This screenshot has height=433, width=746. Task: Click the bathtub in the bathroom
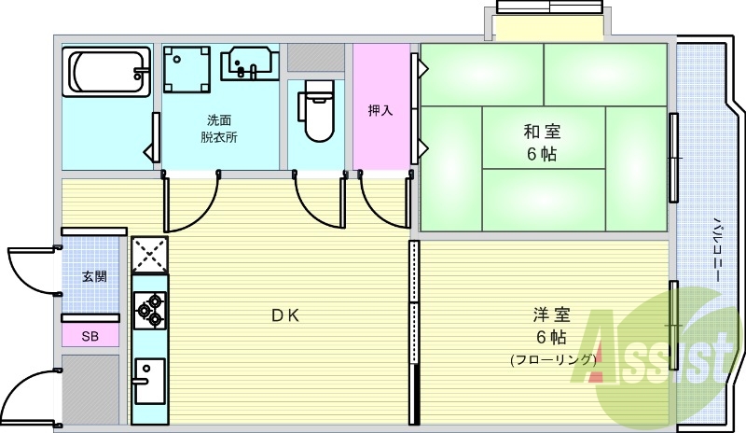coord(106,72)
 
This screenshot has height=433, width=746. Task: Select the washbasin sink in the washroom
coord(248,64)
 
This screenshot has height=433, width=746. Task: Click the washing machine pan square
coord(189,68)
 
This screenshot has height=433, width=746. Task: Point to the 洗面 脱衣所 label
coord(219,129)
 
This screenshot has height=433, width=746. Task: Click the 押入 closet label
coord(380,110)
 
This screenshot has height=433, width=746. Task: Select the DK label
coord(284,315)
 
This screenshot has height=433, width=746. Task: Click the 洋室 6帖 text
coord(550,326)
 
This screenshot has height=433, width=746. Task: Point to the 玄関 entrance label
coord(93,276)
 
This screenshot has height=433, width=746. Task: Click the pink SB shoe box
coord(90,336)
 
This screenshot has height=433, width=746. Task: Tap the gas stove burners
coord(149,311)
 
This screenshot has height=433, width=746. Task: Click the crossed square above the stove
coord(149,253)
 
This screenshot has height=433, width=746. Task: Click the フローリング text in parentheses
coord(553,359)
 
